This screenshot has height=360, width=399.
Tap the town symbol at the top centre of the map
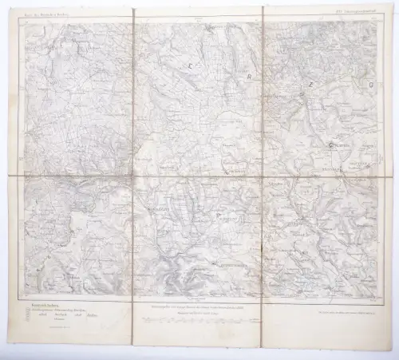tap(209, 29)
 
